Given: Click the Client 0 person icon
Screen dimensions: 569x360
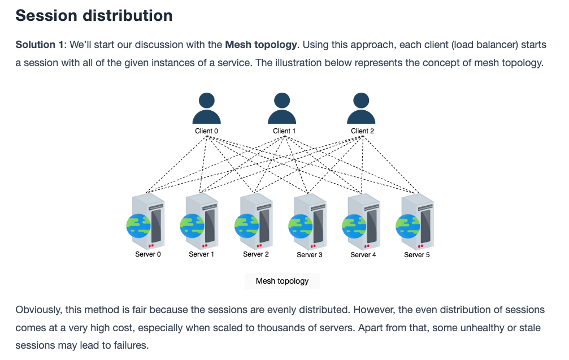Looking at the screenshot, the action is [x=206, y=108].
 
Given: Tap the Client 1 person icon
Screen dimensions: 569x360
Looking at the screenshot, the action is [x=282, y=108].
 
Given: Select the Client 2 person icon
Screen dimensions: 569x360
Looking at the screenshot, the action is [x=361, y=108].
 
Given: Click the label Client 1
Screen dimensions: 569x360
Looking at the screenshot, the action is [x=284, y=131].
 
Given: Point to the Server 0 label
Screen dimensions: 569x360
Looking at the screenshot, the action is [x=147, y=254].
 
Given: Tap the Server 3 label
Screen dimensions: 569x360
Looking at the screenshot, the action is [x=310, y=255].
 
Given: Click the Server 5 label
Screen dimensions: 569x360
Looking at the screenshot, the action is [x=417, y=255].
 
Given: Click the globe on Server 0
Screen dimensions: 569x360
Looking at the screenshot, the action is [x=138, y=225].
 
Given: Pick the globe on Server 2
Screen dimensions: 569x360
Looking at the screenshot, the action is [x=247, y=225].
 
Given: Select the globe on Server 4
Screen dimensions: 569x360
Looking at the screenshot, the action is [x=354, y=226].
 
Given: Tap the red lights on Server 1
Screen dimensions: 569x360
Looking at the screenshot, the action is [x=205, y=246].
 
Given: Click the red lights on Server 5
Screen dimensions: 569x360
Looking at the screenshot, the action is [x=420, y=246].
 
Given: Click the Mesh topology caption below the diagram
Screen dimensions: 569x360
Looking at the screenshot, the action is [x=283, y=281].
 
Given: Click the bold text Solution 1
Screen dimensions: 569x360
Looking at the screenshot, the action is [x=40, y=45].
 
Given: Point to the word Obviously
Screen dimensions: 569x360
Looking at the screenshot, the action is [x=38, y=310].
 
